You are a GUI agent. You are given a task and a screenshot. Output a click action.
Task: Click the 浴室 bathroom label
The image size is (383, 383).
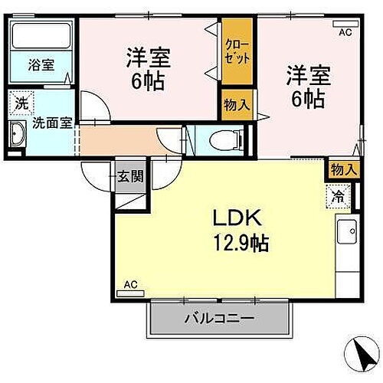(42, 66)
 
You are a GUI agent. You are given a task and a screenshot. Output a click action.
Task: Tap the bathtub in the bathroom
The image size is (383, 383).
(42, 37)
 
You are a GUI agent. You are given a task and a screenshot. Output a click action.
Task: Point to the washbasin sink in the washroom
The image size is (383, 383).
(18, 137)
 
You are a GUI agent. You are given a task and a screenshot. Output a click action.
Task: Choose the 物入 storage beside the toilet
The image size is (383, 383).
(235, 105)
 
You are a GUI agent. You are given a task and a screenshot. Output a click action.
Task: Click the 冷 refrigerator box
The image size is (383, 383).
(338, 195)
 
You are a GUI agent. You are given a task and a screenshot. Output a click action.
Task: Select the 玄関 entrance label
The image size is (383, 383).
(129, 177)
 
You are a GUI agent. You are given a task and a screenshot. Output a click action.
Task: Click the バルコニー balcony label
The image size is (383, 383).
(218, 318)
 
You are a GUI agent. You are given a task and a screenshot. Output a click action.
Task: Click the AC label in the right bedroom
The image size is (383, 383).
(344, 31)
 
